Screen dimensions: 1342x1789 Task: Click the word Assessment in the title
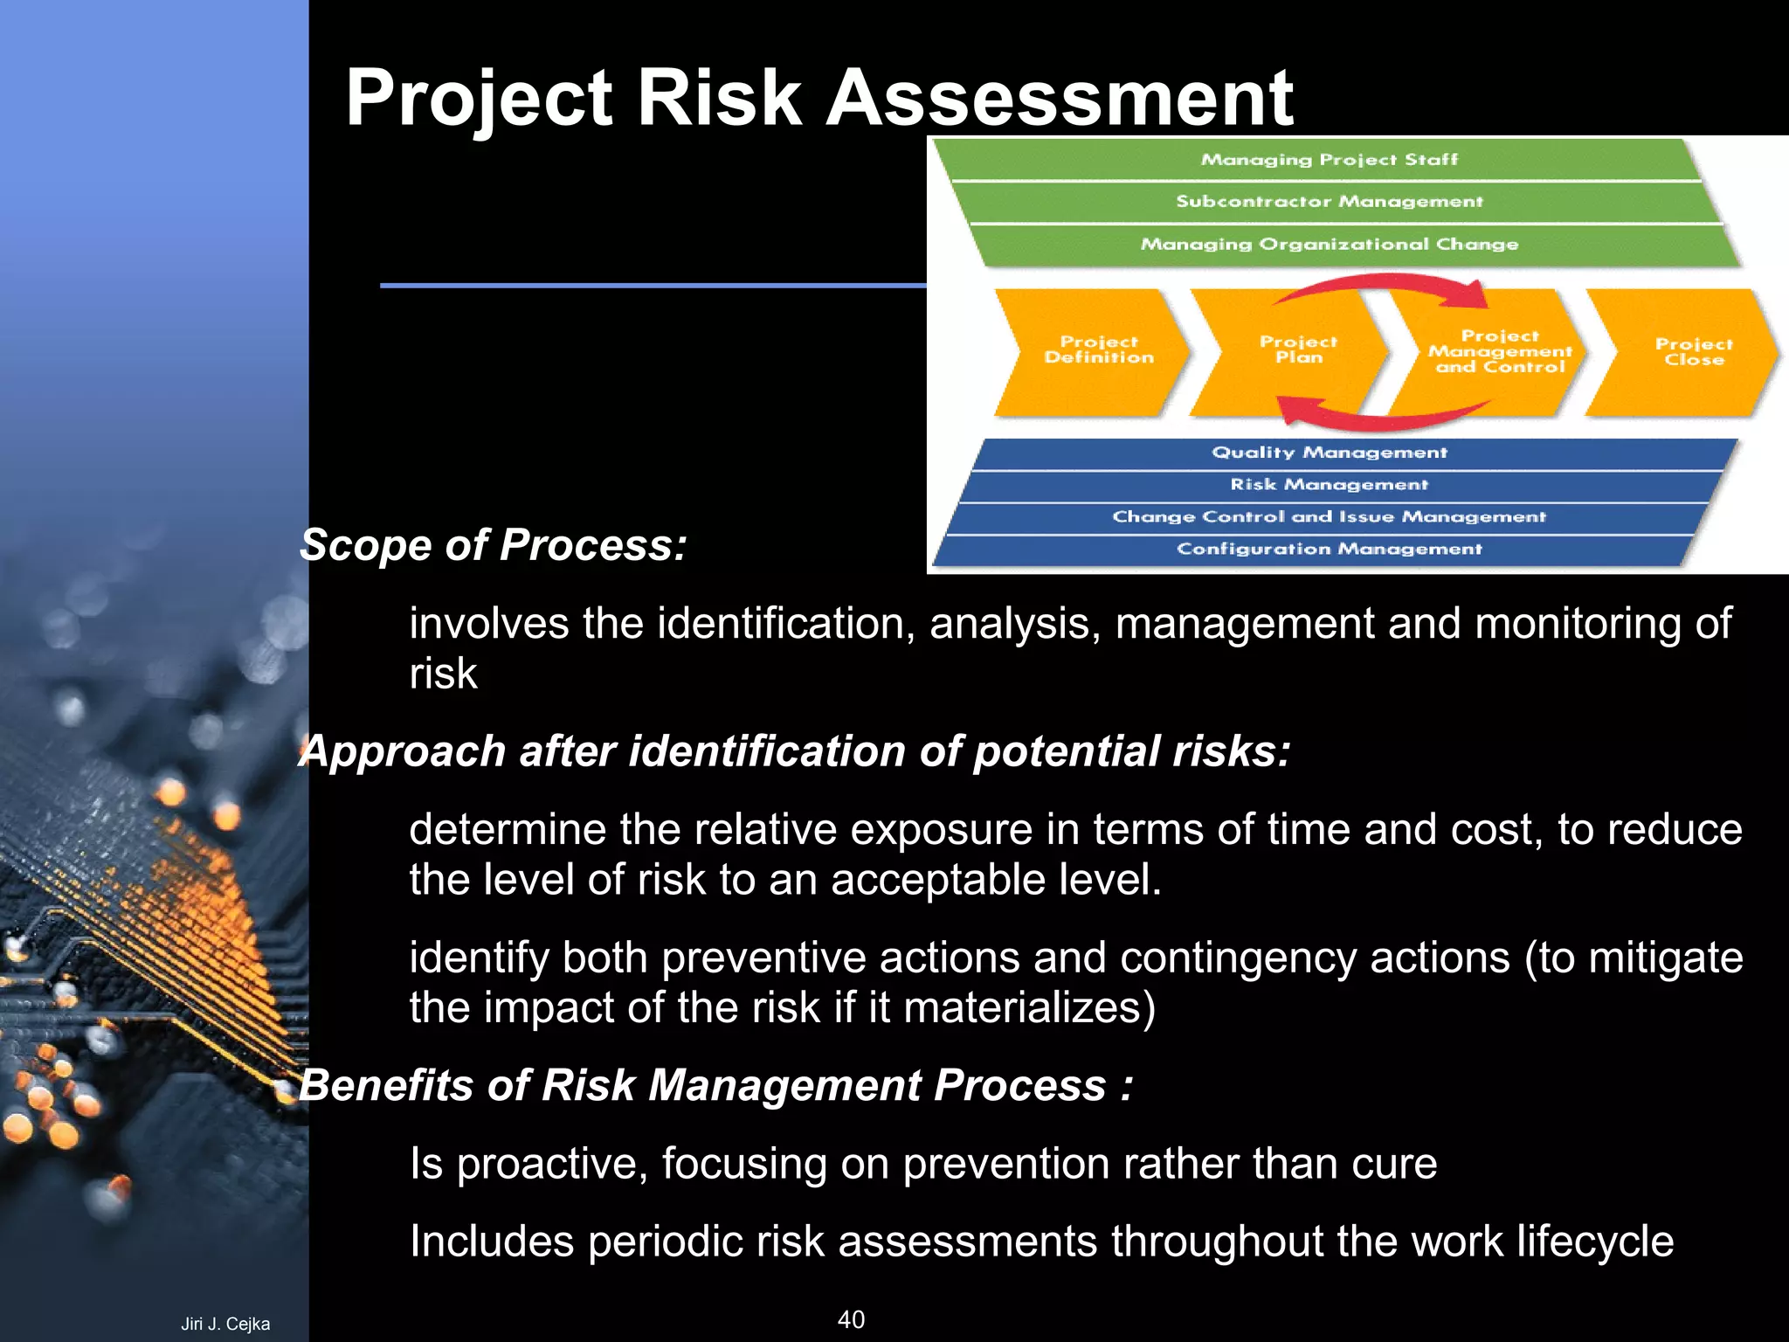pos(1059,98)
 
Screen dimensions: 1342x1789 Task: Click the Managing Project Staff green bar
pos(1328,160)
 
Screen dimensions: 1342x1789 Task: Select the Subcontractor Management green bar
pos(1328,202)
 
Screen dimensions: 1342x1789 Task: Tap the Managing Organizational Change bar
pos(1328,245)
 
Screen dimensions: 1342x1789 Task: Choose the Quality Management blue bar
pos(1328,453)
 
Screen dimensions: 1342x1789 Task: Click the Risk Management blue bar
pos(1328,485)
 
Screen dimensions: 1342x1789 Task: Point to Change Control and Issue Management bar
pos(1328,517)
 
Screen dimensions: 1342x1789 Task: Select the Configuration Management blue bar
pos(1328,550)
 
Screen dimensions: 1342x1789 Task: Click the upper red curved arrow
pos(1389,285)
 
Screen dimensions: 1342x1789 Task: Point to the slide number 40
pos(851,1319)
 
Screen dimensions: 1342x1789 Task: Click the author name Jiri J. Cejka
pos(225,1324)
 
